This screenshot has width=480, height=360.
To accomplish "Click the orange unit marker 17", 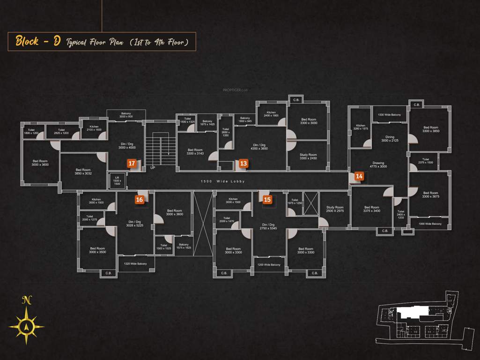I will coord(132,164).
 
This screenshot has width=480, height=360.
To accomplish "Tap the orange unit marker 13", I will coord(244,164).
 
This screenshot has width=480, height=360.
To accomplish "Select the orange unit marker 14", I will coord(359,176).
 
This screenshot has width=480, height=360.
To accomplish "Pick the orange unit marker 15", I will coord(267,199).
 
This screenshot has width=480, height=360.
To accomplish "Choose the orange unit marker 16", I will coord(139,199).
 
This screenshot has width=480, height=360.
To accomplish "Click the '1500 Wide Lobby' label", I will coord(222,181).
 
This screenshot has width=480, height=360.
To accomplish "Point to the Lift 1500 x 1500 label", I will coord(117,181).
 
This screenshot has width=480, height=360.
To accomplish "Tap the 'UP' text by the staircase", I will coord(152,167).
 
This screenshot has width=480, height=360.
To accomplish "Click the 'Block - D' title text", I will coord(38,41).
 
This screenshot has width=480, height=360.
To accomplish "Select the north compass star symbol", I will coord(27,323).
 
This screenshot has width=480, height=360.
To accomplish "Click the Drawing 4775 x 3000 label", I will coord(378,165).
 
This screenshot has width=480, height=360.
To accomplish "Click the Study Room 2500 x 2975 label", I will coord(335,209).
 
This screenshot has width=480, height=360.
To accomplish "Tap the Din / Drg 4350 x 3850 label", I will coord(259,146).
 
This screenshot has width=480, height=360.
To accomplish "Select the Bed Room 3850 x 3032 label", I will coord(82,172).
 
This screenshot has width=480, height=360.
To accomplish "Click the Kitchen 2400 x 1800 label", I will coord(271,114).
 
